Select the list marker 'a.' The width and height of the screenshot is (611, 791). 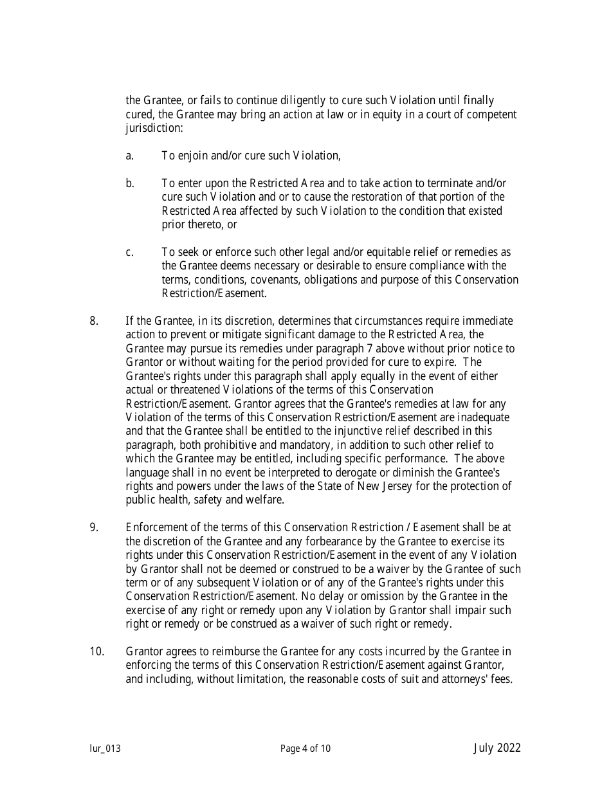[130, 156]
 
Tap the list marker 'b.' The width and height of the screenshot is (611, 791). [130, 183]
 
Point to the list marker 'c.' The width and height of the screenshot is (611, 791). [130, 252]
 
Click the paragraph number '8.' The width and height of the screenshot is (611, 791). [94, 321]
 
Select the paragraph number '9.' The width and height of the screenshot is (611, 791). [94, 527]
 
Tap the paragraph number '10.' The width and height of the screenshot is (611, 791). [96, 651]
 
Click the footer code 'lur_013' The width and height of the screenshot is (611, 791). [105, 749]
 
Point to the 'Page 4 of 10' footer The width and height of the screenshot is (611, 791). [305, 749]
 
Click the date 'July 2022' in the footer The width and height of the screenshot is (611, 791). [497, 748]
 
